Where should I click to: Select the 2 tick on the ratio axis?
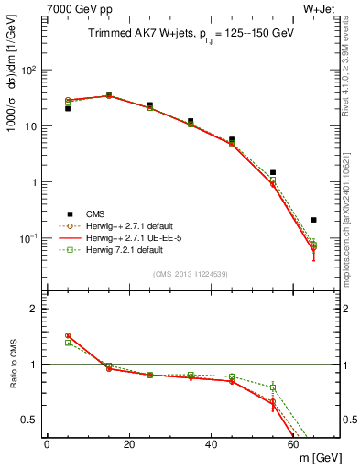click(35, 309)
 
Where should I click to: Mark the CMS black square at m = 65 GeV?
click(313, 220)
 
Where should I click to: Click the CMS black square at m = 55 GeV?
click(272, 172)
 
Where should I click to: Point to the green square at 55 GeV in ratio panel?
click(272, 387)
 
